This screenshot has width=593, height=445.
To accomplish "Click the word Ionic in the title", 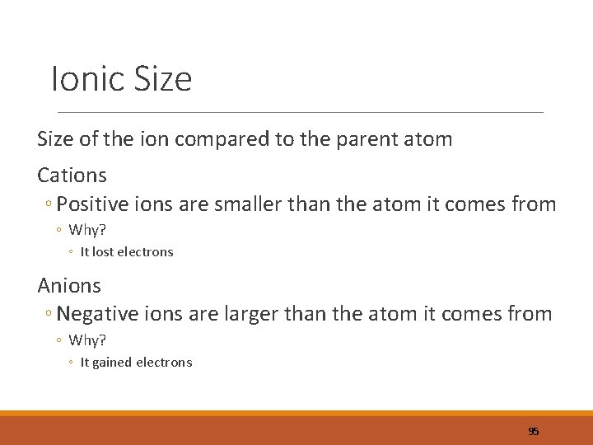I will pyautogui.click(x=86, y=80).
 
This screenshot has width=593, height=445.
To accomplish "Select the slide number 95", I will pyautogui.click(x=533, y=431).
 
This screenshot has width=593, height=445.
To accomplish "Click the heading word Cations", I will pyautogui.click(x=72, y=175).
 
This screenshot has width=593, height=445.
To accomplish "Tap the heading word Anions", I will pyautogui.click(x=69, y=285).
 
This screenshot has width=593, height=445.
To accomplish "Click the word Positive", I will pyautogui.click(x=92, y=204).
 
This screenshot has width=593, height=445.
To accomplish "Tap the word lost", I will pyautogui.click(x=103, y=252).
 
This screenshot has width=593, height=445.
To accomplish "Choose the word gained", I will pyautogui.click(x=112, y=363).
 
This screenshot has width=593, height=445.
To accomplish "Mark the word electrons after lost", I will pyautogui.click(x=146, y=252).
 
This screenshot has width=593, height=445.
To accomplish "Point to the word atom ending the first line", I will pyautogui.click(x=429, y=139).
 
